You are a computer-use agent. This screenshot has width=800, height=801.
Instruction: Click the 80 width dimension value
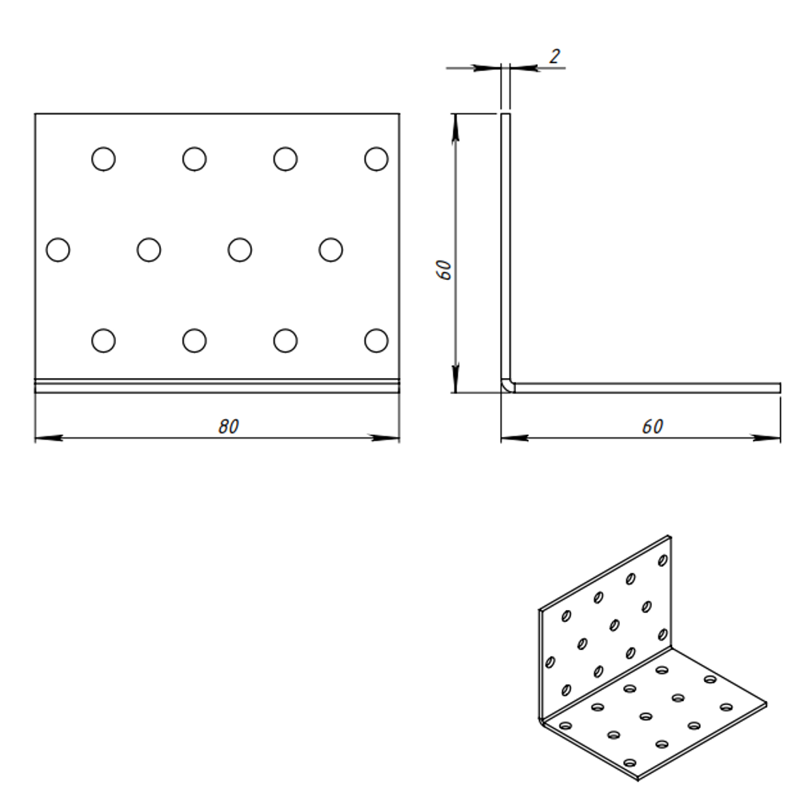click(229, 427)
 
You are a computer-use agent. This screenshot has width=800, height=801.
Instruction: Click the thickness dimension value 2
click(554, 56)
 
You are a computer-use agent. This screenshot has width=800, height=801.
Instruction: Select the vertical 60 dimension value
click(446, 269)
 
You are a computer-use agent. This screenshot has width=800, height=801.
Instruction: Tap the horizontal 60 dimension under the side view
click(652, 427)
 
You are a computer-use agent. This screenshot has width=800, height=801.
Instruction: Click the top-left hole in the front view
click(103, 159)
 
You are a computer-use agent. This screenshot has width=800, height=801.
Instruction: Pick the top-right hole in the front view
click(376, 159)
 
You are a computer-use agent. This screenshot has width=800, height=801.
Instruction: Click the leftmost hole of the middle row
click(58, 250)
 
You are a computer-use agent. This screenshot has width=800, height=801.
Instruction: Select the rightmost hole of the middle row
click(330, 250)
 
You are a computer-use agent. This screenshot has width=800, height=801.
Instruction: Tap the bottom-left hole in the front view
click(103, 341)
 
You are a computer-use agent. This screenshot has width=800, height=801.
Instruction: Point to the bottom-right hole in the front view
click(376, 341)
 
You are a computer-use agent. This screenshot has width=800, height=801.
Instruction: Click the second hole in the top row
click(194, 159)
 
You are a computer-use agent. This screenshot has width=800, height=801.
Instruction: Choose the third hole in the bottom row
click(286, 341)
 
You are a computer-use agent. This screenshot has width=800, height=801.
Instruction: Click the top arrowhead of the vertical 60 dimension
click(454, 124)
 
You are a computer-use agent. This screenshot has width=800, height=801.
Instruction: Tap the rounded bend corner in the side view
click(506, 387)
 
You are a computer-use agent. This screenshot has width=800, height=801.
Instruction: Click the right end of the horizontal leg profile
click(778, 388)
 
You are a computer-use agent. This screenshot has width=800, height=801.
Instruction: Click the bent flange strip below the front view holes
click(217, 386)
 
